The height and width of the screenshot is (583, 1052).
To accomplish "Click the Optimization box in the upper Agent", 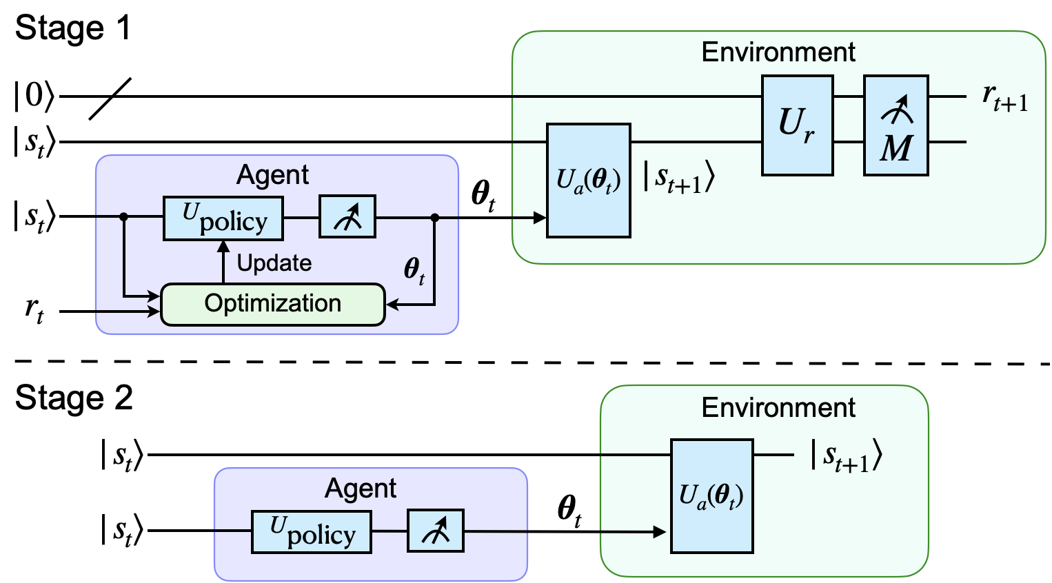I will [272, 304].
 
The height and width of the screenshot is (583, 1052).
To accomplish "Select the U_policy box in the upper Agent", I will [223, 218].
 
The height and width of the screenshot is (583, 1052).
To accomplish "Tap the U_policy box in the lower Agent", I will [311, 532].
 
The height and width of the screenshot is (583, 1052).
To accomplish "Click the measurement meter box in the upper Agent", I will [347, 217].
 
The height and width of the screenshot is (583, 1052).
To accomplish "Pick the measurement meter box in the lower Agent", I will [436, 531].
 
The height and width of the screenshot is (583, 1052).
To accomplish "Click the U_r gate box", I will [797, 125].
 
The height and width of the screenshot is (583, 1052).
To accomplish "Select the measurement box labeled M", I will [896, 125].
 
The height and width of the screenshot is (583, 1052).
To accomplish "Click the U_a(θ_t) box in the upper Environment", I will [588, 181].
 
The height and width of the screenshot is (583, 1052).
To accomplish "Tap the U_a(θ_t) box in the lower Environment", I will [711, 496].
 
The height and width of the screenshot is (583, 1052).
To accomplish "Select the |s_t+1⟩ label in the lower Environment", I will [846, 457].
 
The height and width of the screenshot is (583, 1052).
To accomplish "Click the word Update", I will [274, 263].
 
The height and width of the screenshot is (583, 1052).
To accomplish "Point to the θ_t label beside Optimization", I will [414, 270].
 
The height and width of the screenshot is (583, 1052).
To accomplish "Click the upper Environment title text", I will [778, 52].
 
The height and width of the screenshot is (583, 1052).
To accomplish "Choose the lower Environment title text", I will [778, 408].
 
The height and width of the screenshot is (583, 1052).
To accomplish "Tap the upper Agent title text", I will [272, 175].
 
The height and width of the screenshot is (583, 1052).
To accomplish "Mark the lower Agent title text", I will [361, 489].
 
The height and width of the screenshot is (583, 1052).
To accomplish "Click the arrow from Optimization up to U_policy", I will [223, 263].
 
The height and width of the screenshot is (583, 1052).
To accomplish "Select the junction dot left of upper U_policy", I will [124, 217].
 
